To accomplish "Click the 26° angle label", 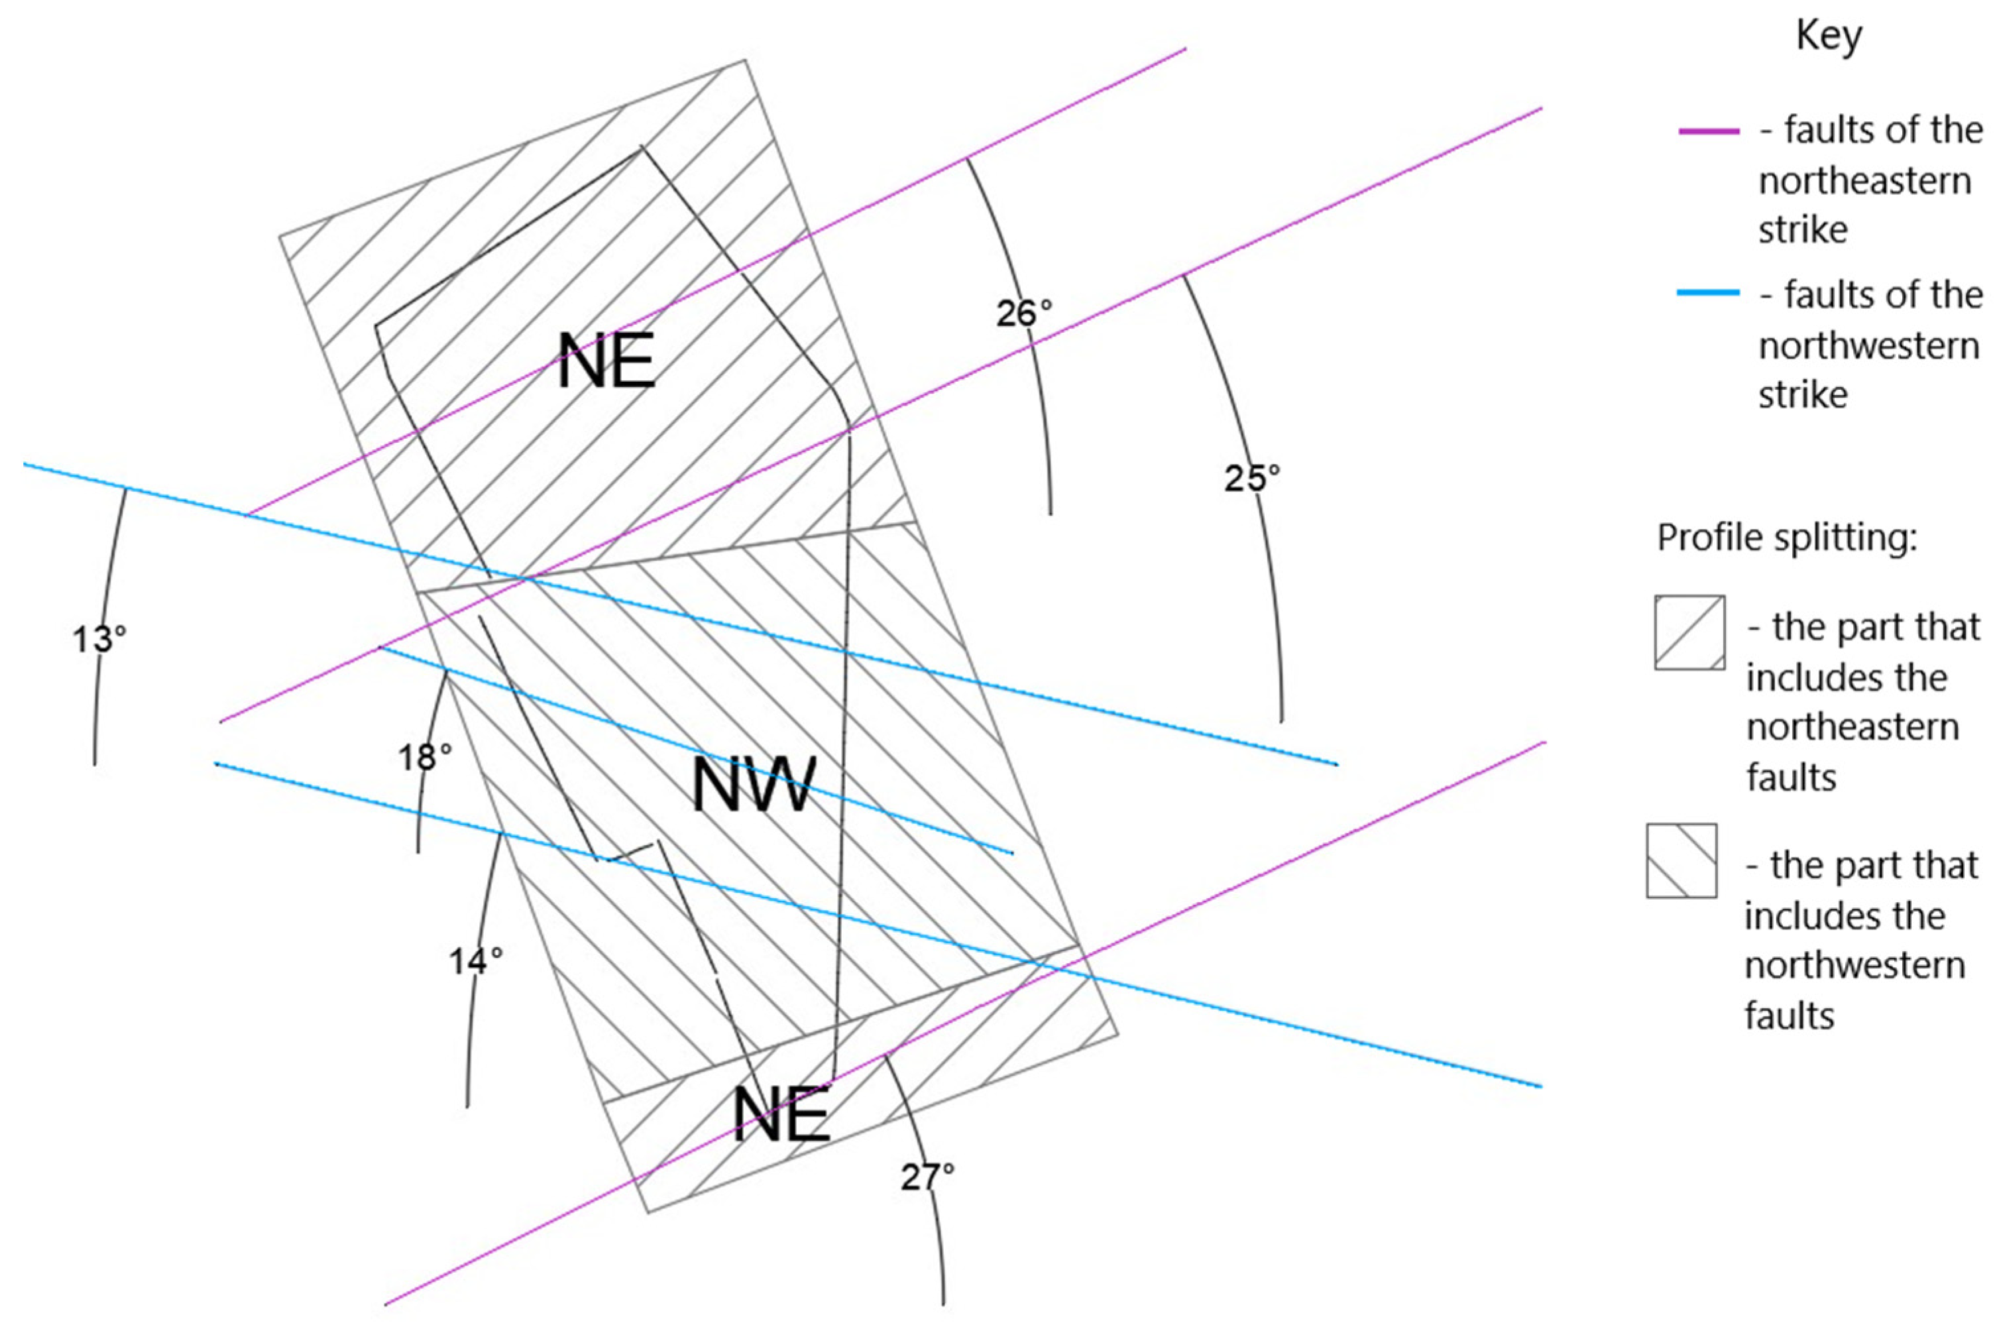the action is [x=1023, y=314].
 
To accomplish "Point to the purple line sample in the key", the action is [x=1708, y=131].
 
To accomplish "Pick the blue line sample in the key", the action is [x=1708, y=293].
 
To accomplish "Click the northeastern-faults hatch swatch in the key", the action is [x=1689, y=632].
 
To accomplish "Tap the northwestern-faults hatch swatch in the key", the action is [x=1682, y=860].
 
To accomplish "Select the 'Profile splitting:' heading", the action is [x=1787, y=538].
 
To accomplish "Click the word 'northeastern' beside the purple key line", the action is [x=1864, y=181].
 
